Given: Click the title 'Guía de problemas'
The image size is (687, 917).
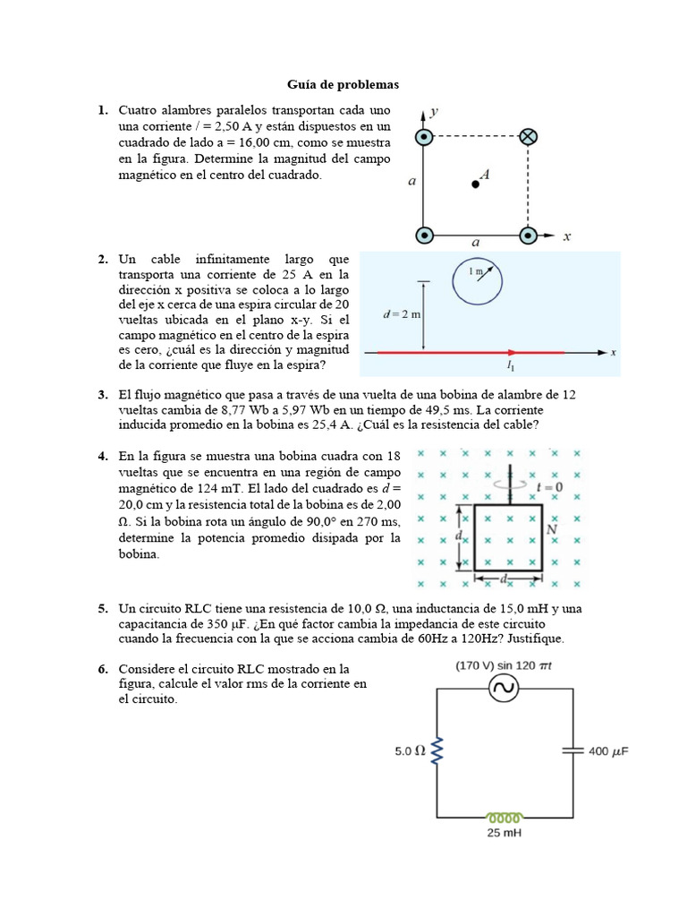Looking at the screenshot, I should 343,84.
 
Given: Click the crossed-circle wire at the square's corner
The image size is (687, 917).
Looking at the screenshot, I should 529,137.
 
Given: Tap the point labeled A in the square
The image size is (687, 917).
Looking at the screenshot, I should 475,184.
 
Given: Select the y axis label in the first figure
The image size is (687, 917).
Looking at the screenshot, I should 434,112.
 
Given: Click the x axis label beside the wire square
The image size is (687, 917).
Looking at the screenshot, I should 566,236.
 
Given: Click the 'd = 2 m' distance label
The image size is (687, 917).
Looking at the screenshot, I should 402,314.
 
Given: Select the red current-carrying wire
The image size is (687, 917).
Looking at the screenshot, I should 470,353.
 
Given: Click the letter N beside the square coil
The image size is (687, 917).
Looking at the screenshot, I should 552,529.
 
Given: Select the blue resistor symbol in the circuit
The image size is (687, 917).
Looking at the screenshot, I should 437,751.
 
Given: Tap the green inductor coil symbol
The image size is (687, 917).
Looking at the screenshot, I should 504,817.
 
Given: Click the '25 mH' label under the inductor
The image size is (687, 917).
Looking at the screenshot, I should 504,833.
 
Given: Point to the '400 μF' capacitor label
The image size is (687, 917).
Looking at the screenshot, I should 608,751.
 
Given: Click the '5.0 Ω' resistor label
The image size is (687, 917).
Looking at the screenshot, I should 410,751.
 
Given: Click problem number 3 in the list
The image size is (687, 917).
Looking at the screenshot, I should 103,394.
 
